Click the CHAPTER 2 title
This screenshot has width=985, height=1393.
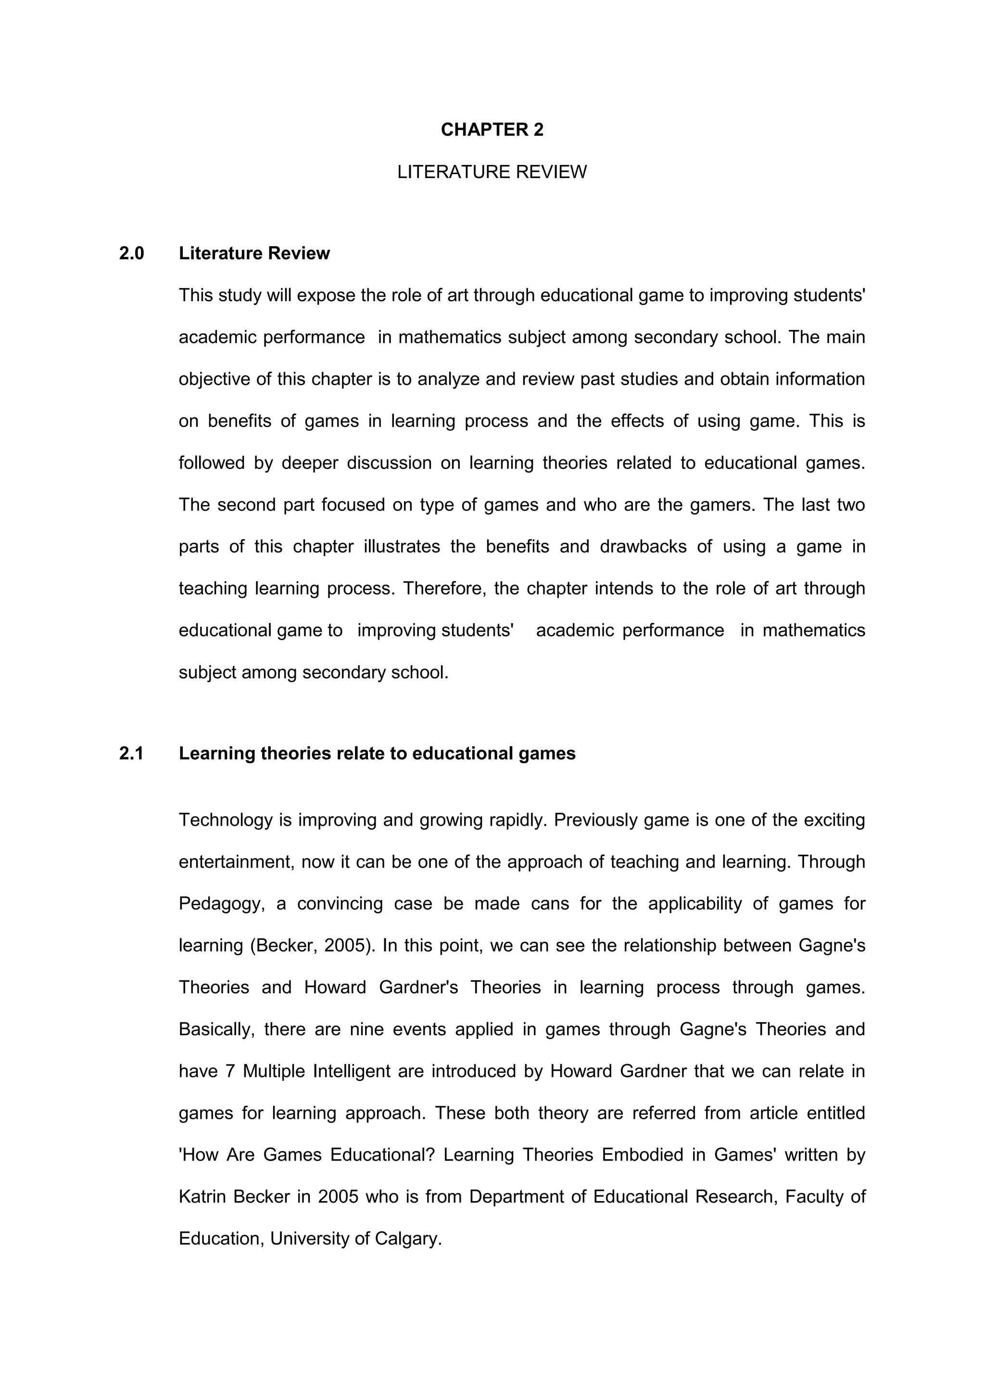(x=492, y=130)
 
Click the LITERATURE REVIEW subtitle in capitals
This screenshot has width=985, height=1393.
(x=492, y=172)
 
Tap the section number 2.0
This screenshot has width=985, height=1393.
(x=132, y=253)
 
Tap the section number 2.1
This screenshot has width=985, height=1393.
(x=132, y=754)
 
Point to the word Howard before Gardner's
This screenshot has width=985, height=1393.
(x=335, y=988)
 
